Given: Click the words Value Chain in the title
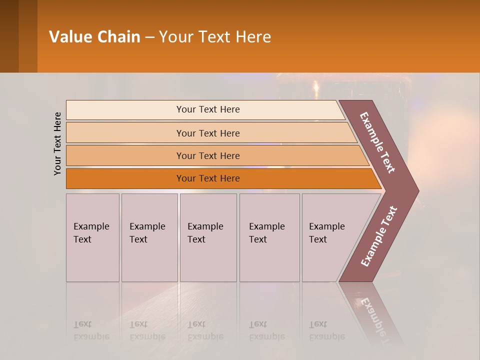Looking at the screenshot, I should point(94,37).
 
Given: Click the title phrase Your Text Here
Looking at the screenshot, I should point(214,37).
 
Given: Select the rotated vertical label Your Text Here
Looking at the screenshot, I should point(57,143).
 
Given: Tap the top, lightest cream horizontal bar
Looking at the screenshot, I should point(207,109).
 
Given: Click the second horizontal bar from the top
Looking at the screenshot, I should point(207,133).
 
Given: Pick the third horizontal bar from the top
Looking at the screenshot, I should point(207,155).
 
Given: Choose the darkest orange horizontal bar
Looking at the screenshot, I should point(207,178).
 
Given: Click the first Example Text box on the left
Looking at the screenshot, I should point(92,237).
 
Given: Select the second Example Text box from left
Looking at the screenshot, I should point(149,237).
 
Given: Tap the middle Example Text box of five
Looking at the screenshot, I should point(207,237).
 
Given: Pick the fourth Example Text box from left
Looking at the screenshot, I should point(269,237).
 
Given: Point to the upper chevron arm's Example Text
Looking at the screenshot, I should point(377,142).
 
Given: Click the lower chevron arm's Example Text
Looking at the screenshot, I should point(378,236).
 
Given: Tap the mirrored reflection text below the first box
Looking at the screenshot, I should point(91,330).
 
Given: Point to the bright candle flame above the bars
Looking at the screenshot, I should point(315,89).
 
